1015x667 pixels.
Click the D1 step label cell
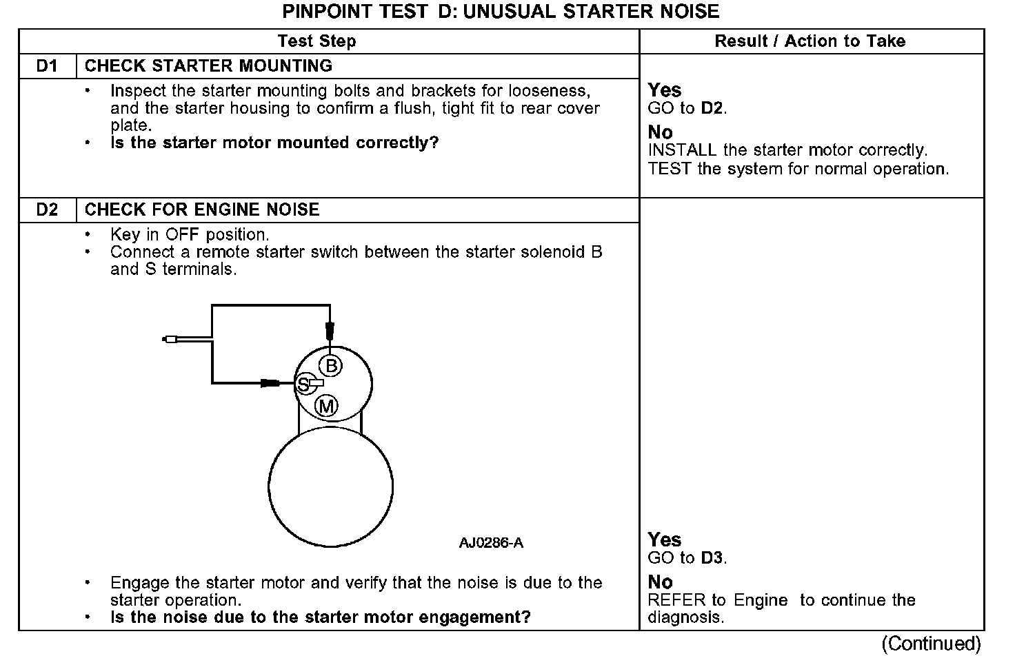click(47, 66)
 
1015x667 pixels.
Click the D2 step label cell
click(47, 210)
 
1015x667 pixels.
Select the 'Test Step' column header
click(316, 41)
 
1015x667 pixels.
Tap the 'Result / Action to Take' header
click(810, 41)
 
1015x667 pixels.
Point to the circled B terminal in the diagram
click(331, 366)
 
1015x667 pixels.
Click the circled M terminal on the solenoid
click(326, 407)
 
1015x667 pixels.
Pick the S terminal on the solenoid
click(303, 385)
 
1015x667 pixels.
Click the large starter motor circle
click(330, 486)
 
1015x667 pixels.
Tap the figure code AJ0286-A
click(491, 543)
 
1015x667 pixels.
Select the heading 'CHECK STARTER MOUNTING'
click(208, 66)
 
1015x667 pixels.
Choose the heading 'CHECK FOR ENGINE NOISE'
click(202, 210)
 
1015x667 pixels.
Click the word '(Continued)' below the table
click(930, 644)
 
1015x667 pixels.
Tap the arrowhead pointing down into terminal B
click(330, 329)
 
